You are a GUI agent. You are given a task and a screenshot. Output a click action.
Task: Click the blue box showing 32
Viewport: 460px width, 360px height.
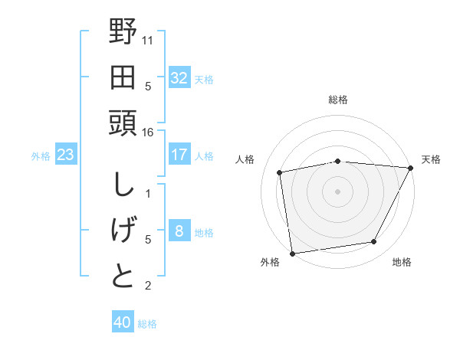179,78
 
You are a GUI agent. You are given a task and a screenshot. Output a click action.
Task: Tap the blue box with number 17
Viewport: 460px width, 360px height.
179,155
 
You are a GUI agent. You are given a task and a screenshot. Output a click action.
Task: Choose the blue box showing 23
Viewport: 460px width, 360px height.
66,155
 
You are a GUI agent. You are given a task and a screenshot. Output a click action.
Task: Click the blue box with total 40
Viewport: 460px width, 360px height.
123,322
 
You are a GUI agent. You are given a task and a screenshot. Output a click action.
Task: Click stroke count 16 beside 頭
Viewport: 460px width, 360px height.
148,132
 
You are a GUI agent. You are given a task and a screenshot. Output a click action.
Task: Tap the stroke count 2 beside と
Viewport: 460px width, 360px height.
148,286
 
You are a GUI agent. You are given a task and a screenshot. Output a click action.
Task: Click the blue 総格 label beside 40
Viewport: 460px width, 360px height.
147,324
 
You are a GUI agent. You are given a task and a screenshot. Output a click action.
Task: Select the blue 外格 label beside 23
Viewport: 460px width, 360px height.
41,156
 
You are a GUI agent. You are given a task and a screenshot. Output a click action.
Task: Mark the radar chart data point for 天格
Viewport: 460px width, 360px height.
412,169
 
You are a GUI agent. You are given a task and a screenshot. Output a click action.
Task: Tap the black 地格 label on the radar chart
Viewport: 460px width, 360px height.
402,263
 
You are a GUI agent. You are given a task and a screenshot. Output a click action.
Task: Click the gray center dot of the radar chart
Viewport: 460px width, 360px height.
337,191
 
